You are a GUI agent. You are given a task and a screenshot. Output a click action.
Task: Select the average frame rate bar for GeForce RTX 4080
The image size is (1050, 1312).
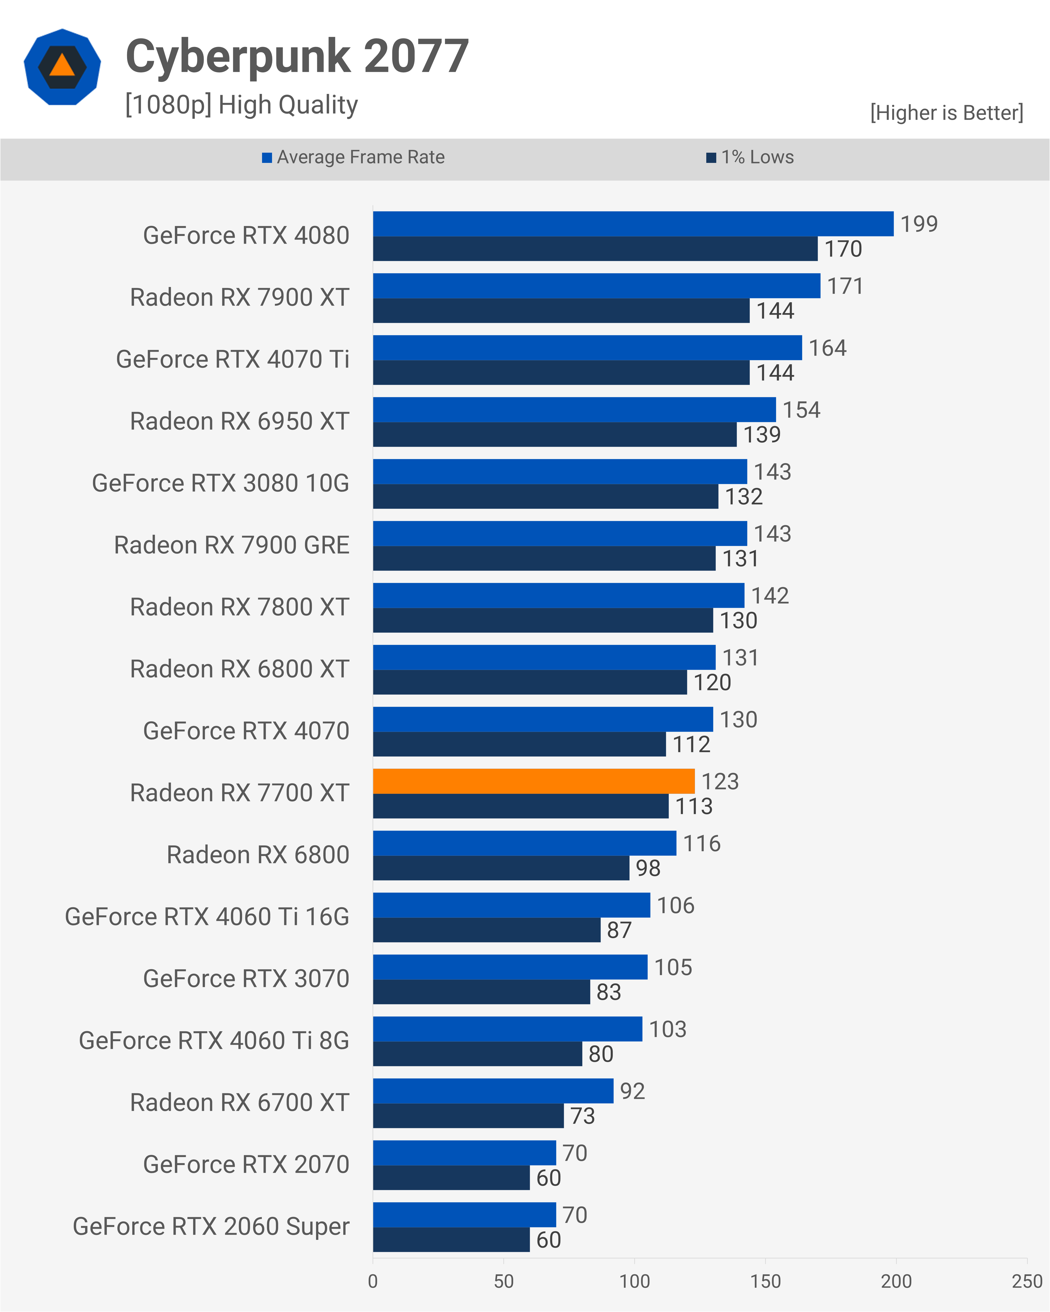633,223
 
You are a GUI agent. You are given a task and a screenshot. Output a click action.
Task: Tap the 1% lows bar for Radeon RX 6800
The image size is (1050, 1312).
501,868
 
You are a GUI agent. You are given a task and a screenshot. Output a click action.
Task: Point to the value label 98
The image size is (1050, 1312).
648,868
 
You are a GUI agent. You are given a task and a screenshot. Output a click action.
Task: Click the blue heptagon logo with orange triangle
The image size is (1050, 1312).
62,67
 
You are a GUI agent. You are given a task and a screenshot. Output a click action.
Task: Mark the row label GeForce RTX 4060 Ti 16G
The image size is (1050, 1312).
207,917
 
